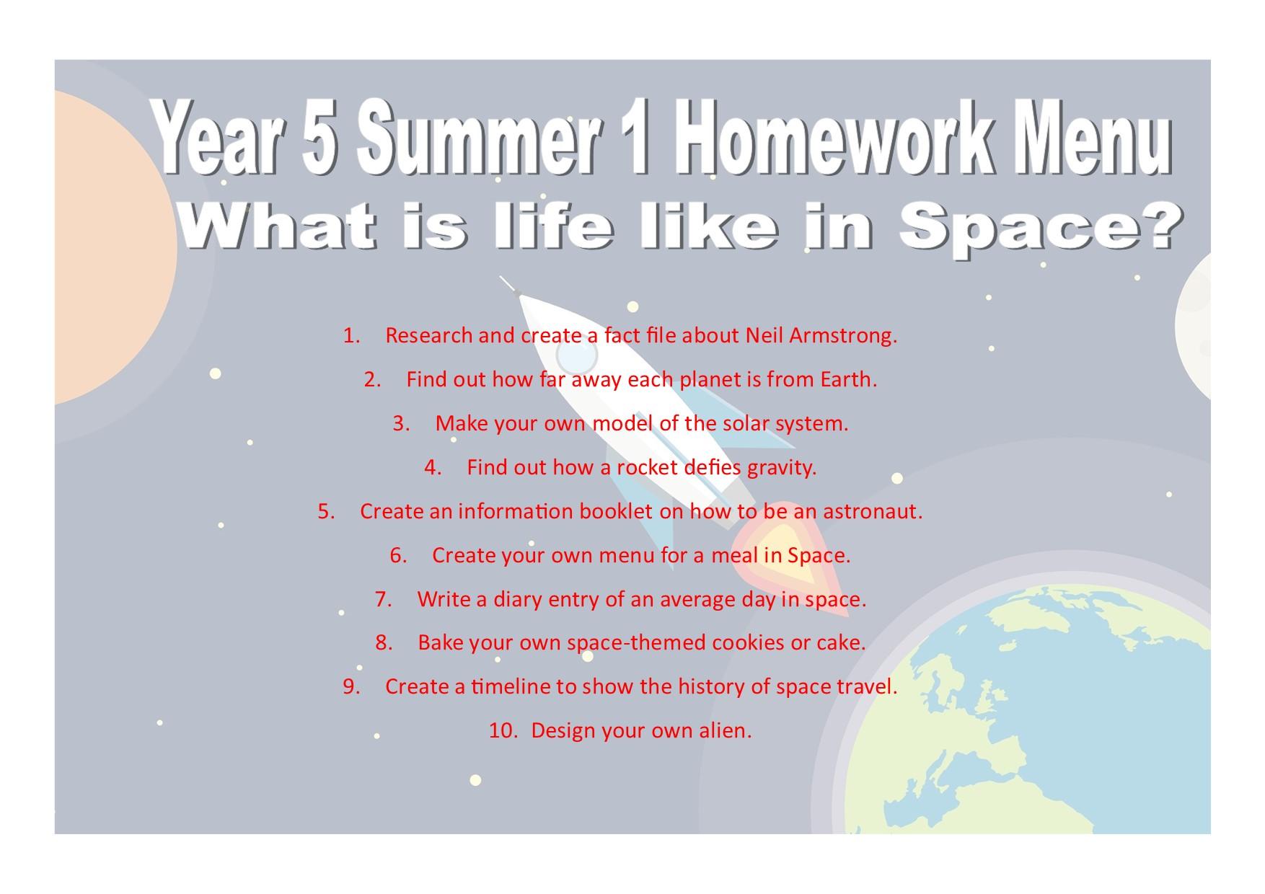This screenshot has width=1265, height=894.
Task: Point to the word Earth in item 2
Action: pos(848,379)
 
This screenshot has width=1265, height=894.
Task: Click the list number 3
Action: pos(402,423)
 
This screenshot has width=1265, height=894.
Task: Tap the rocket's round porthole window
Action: pos(577,355)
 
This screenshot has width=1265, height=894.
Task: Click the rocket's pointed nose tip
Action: pos(501,278)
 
